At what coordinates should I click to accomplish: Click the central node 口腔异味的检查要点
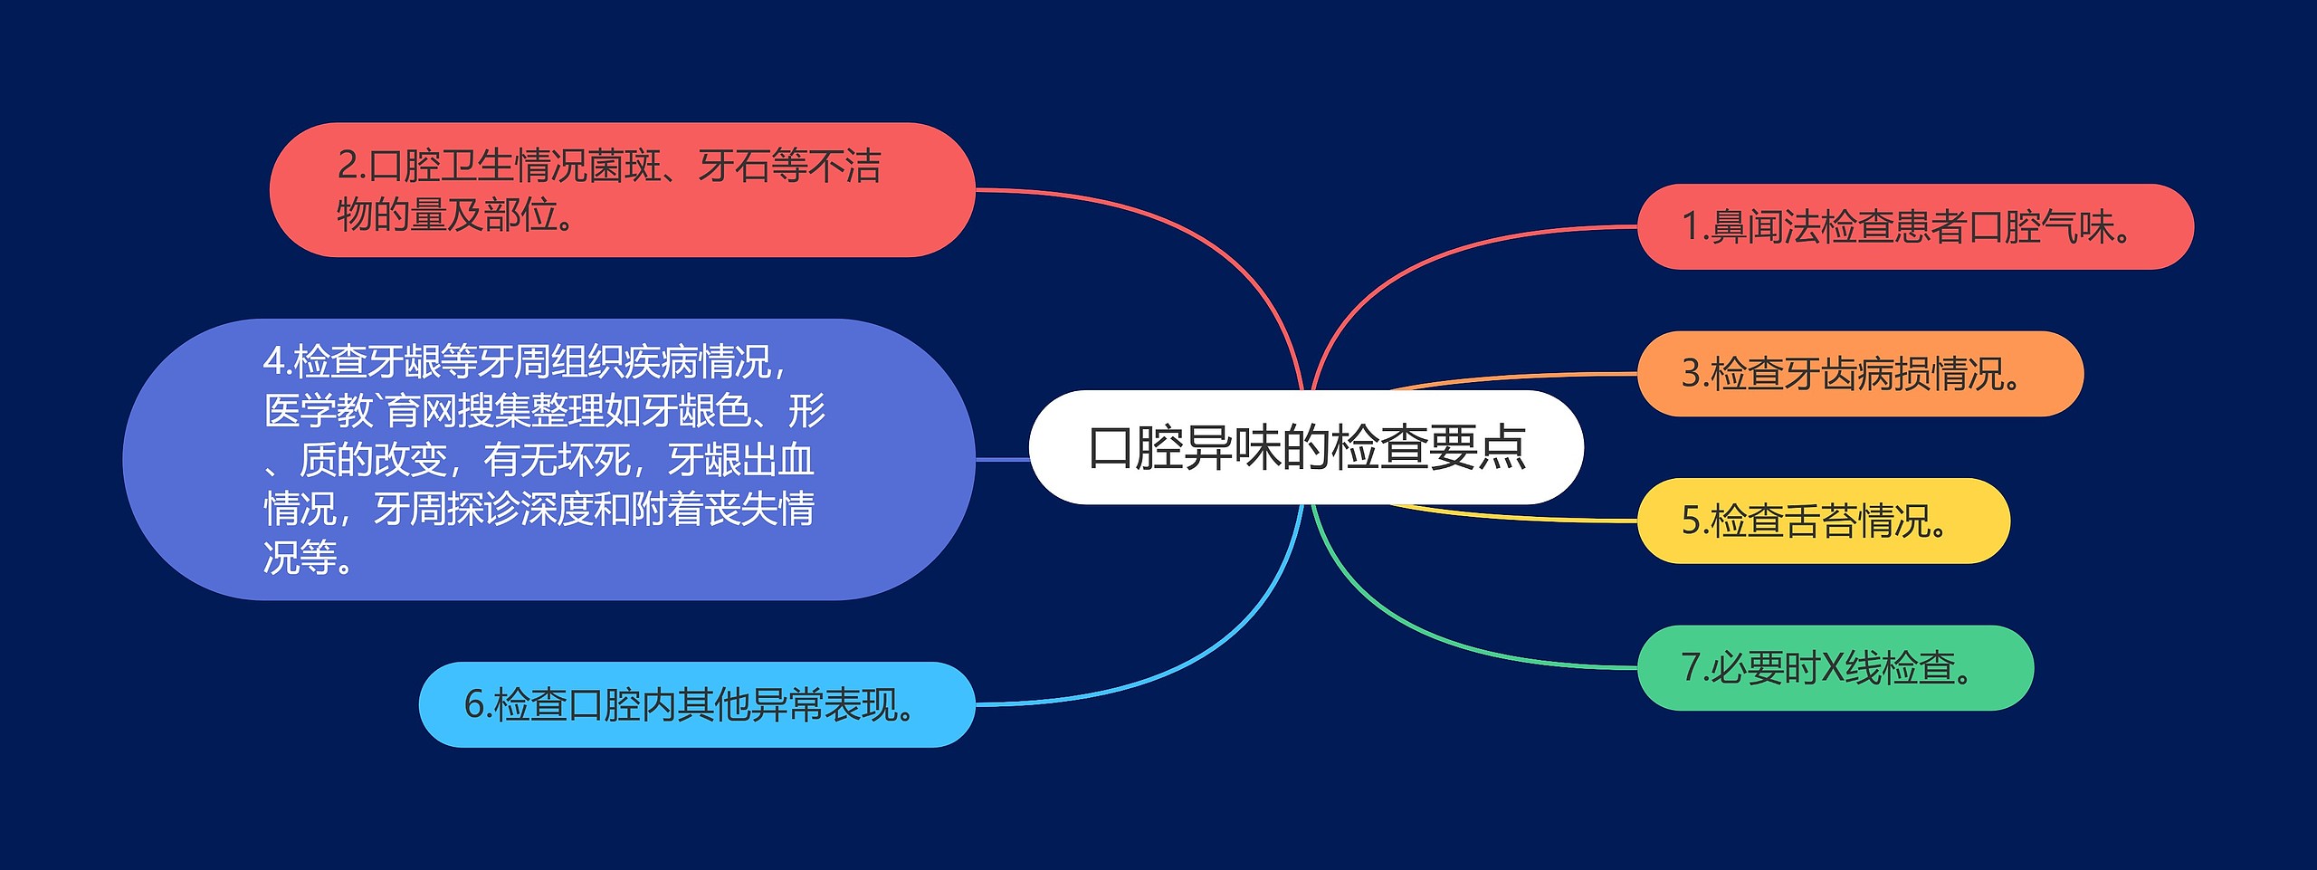[x=1306, y=447]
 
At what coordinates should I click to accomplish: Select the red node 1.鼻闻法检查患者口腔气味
[x=1914, y=226]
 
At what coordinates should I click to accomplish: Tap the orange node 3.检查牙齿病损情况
[x=1859, y=374]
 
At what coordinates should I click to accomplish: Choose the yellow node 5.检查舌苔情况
[x=1823, y=521]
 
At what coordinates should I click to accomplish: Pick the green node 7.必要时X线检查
[x=1835, y=668]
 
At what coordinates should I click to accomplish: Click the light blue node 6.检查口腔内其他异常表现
[x=696, y=704]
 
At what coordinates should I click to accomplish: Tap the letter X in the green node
[x=1832, y=668]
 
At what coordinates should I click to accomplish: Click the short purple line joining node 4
[x=1002, y=460]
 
